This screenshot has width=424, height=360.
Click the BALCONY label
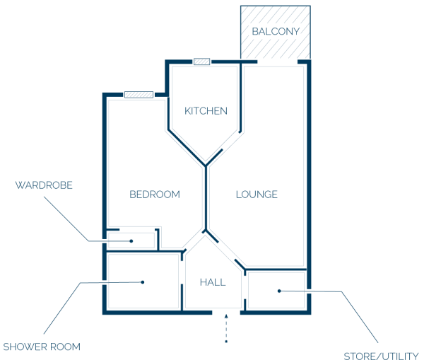click(x=276, y=31)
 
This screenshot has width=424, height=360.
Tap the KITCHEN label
click(x=206, y=111)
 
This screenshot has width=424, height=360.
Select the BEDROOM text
click(x=155, y=194)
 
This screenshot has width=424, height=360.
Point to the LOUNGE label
click(x=257, y=194)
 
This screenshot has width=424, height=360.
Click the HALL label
click(x=213, y=282)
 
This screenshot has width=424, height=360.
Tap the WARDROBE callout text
click(x=44, y=185)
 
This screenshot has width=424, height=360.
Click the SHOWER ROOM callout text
click(x=42, y=347)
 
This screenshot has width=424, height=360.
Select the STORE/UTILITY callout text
click(x=381, y=356)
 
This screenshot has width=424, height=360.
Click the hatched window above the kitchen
click(x=201, y=62)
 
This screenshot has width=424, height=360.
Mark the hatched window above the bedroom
click(x=139, y=95)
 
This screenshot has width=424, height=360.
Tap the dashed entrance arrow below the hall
click(x=226, y=328)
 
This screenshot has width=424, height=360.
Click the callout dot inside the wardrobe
click(x=131, y=241)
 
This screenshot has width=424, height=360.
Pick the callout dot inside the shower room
click(x=143, y=282)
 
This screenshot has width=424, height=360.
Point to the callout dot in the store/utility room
click(x=279, y=291)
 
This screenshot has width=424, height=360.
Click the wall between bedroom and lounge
click(x=206, y=198)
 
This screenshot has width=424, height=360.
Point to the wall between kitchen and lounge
click(x=240, y=98)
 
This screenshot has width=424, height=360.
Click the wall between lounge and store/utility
click(x=276, y=269)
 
